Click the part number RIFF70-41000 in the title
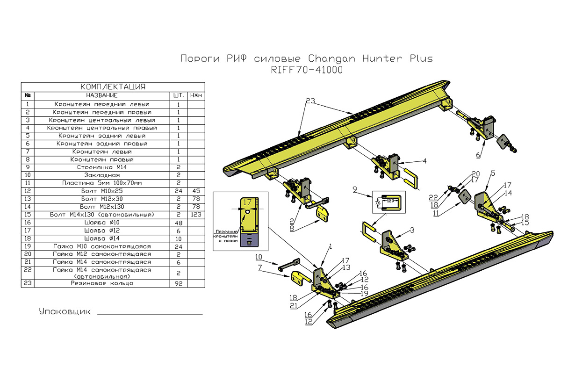click(x=306, y=70)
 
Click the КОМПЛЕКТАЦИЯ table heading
click(x=113, y=87)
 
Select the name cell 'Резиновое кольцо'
click(x=102, y=283)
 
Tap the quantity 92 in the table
click(x=178, y=283)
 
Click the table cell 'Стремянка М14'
click(x=102, y=167)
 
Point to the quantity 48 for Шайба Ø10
click(x=178, y=222)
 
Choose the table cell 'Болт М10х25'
click(x=102, y=191)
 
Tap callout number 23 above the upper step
click(x=311, y=101)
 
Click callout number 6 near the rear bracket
click(x=478, y=155)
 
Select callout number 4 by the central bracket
click(x=424, y=161)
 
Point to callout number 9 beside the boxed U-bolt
click(x=355, y=190)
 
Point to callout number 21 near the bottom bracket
click(x=294, y=305)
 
